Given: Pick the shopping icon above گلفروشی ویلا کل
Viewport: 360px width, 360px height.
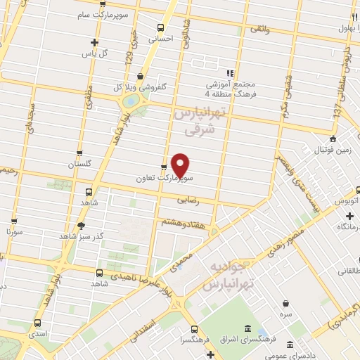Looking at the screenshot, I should click(141, 76).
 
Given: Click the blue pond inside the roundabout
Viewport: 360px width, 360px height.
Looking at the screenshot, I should click(131, 101).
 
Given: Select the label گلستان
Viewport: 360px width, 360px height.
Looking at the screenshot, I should click(79, 164).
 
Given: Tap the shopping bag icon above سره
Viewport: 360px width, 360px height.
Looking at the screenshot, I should click(286, 303).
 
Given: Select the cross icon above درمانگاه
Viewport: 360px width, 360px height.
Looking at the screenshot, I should click(350, 216).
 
